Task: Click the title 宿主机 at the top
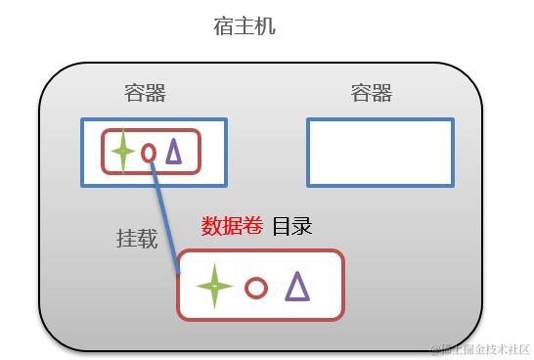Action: point(245,26)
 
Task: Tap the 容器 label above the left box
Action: point(145,94)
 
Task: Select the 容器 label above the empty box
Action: point(371,94)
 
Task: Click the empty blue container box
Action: point(379,153)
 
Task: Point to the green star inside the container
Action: point(122,152)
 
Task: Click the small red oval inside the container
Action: point(149,153)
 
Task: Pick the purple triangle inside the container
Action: point(173,151)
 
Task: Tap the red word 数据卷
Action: point(232,226)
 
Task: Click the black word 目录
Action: point(291,226)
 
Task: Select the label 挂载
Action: point(137,239)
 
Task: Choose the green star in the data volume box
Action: point(214,287)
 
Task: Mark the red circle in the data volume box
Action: point(256,288)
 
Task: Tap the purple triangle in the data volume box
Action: point(296,286)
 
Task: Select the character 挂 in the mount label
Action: point(126,239)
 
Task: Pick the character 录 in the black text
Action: point(302,226)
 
